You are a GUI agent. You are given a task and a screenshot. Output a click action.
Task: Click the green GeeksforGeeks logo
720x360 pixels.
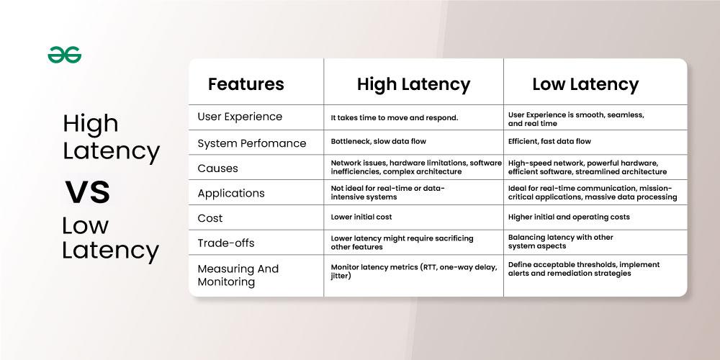(x=65, y=55)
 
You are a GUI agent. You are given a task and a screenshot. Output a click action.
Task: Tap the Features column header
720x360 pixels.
(x=246, y=84)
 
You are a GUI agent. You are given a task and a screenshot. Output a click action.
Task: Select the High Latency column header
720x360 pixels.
(x=413, y=84)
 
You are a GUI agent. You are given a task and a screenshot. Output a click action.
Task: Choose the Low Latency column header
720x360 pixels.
(x=585, y=84)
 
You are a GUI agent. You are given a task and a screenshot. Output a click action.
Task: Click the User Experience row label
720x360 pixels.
(x=240, y=117)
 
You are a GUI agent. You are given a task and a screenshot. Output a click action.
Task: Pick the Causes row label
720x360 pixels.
(x=217, y=168)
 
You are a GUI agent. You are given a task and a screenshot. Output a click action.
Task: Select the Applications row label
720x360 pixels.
(x=231, y=193)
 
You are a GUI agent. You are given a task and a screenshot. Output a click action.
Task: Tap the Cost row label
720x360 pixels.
(x=210, y=218)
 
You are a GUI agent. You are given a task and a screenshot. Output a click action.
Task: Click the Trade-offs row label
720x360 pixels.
(x=225, y=243)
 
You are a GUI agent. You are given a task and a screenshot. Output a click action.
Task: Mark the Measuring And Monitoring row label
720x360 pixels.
(x=238, y=275)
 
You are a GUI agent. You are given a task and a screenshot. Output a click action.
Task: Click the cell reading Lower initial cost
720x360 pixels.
(x=361, y=217)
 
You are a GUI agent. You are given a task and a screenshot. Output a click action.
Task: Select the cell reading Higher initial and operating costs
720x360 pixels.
(x=569, y=217)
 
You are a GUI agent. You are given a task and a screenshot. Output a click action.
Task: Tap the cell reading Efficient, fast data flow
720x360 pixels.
(x=549, y=141)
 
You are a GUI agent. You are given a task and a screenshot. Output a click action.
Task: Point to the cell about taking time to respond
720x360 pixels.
(x=395, y=117)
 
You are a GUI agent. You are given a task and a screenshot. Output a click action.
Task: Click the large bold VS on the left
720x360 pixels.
(x=88, y=193)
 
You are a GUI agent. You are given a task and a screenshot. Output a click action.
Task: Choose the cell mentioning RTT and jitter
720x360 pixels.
(x=413, y=271)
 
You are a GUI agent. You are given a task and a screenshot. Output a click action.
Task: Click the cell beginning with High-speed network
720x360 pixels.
(x=587, y=167)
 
